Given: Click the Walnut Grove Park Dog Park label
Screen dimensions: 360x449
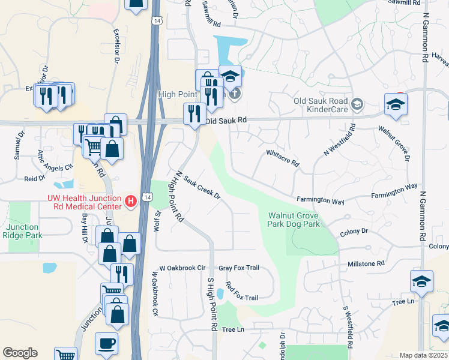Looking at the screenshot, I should coord(294,220).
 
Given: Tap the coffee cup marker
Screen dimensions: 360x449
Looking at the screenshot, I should coord(107,344).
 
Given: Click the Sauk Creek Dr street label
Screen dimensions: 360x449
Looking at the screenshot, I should coord(202,188).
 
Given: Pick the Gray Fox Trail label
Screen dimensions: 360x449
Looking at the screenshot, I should coord(238,268).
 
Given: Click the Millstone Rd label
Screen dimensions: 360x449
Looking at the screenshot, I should coord(366,263).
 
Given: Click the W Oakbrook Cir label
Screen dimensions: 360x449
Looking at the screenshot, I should coord(182,268).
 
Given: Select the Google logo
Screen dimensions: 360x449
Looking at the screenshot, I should coord(20,353).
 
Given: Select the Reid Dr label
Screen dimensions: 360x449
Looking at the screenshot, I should coord(35,178).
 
